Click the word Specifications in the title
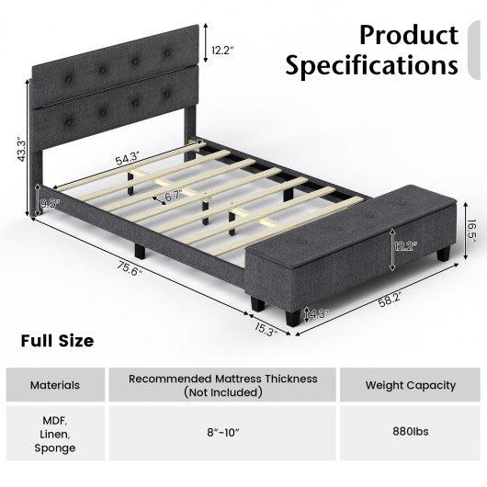coord(371,66)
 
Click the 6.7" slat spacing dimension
coord(173,197)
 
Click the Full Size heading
coord(57,341)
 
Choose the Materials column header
coord(54,385)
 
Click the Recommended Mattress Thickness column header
coord(223,385)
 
